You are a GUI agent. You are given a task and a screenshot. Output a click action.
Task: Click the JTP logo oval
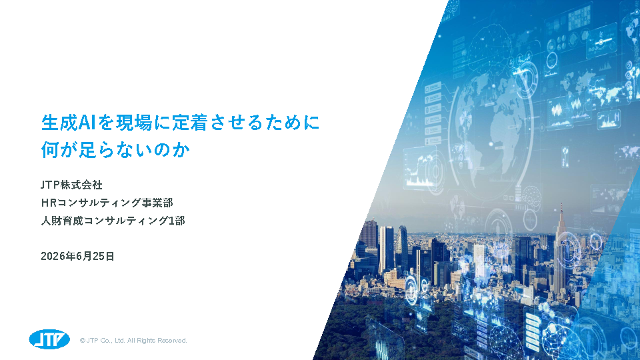(49, 339)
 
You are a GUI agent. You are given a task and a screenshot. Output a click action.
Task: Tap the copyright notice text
(133, 341)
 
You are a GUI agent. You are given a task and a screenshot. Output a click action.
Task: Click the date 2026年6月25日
(77, 256)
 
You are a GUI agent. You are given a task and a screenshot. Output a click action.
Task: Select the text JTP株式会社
(71, 185)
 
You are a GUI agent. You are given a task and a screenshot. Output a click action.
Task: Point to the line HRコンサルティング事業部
(107, 203)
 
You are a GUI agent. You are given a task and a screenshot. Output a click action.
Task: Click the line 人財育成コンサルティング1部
(113, 221)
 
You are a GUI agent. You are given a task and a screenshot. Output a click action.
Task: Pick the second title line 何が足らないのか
(115, 150)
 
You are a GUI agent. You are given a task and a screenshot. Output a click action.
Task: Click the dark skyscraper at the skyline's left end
(370, 241)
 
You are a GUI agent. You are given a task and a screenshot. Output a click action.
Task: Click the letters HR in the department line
(49, 203)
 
